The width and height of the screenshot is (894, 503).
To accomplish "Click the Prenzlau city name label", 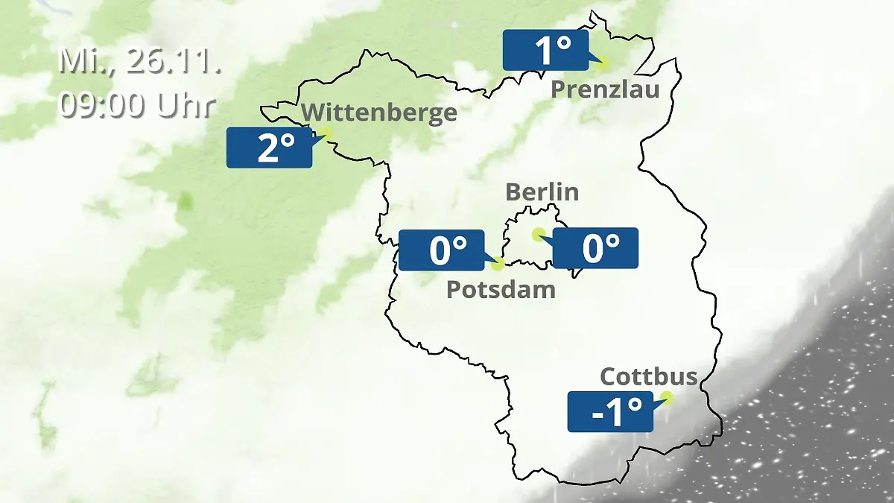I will [x=605, y=90].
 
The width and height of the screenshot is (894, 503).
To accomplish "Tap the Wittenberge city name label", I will [x=379, y=113].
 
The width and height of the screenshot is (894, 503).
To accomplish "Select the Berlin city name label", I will [x=542, y=192].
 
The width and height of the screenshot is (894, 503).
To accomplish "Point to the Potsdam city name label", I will [x=501, y=289].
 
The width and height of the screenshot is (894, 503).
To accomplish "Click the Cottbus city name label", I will [x=648, y=376].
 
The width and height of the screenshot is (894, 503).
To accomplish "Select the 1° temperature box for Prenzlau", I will [x=545, y=51].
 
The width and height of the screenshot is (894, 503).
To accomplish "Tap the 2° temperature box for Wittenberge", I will [x=269, y=148].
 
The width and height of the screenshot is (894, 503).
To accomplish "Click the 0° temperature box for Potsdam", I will [x=441, y=250].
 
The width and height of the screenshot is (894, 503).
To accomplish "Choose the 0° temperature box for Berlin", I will [x=596, y=248].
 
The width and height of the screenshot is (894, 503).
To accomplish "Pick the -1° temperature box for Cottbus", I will [x=610, y=411].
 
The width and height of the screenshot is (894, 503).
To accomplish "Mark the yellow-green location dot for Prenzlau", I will [x=603, y=64].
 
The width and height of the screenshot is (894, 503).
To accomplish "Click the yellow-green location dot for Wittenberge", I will [x=325, y=134].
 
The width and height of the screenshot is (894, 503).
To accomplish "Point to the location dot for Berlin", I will [x=538, y=234].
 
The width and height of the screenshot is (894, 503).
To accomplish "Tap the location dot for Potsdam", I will [x=498, y=263].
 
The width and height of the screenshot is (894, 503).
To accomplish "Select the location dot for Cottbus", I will [x=667, y=398].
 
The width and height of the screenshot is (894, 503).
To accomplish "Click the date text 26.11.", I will [x=174, y=61].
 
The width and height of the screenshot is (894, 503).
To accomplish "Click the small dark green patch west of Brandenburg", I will [x=186, y=200].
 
